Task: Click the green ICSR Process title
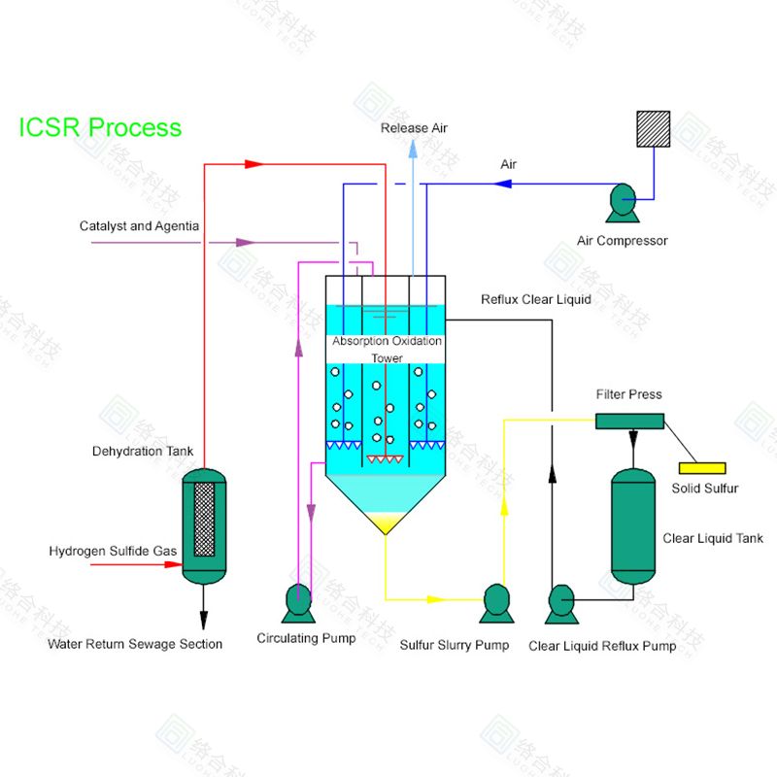[100, 127]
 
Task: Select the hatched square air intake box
[653, 128]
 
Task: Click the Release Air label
[414, 128]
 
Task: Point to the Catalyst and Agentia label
[139, 226]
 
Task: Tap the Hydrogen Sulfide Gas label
[113, 552]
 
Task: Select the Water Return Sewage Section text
[135, 644]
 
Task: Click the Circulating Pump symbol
[298, 603]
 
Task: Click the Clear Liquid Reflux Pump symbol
[562, 603]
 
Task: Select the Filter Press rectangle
[629, 421]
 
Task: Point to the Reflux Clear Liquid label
[535, 299]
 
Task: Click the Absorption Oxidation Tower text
[387, 350]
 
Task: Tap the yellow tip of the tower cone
[387, 524]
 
